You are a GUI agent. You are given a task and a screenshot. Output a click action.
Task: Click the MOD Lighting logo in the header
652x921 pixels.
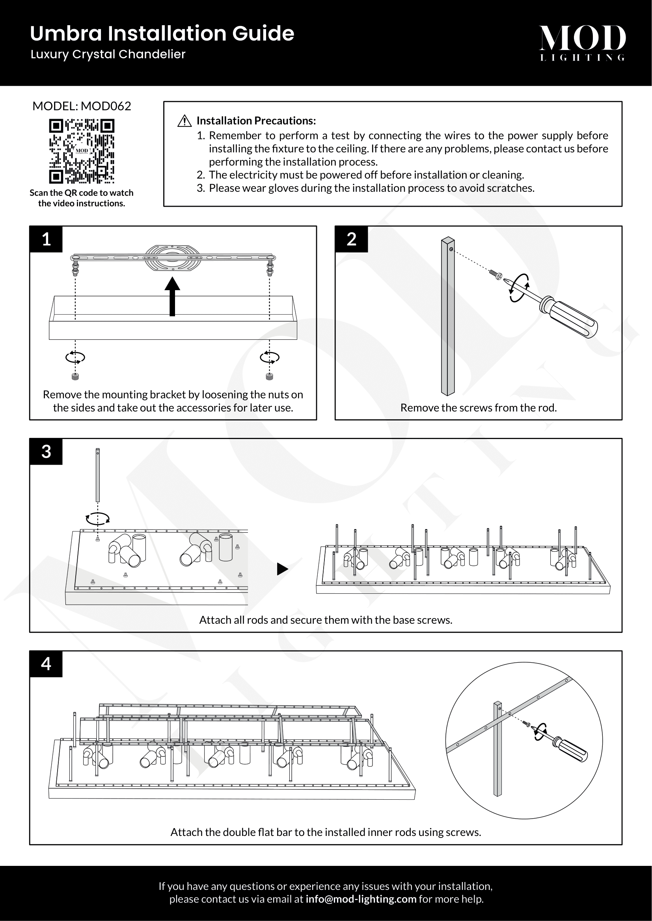582,43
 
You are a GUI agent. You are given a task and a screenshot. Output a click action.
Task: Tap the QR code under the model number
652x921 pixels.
82,151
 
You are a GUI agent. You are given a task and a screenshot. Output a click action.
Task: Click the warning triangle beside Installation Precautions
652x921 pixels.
184,121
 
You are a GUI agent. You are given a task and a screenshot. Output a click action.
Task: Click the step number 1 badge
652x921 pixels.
46,239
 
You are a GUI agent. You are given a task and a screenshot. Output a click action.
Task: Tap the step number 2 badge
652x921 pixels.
351,239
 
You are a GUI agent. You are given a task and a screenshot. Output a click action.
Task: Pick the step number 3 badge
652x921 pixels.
46,452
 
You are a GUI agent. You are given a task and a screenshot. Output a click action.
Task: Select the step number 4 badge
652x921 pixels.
46,664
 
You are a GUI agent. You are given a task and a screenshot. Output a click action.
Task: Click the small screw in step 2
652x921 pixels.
496,275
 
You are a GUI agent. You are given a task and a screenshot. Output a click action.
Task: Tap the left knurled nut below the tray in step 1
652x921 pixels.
75,377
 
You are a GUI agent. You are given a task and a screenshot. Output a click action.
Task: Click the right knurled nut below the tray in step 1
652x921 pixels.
269,377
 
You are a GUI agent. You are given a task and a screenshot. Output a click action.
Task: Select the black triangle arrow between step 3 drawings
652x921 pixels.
282,569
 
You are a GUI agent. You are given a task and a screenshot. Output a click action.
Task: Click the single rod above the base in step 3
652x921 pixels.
97,475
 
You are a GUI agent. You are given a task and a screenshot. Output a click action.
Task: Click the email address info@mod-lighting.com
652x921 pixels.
361,899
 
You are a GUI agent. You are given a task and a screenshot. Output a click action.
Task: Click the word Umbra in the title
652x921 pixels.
66,33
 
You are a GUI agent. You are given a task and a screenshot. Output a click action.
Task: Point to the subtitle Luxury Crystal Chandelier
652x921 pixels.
108,54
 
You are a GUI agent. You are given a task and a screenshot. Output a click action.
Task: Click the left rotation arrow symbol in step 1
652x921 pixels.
75,357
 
